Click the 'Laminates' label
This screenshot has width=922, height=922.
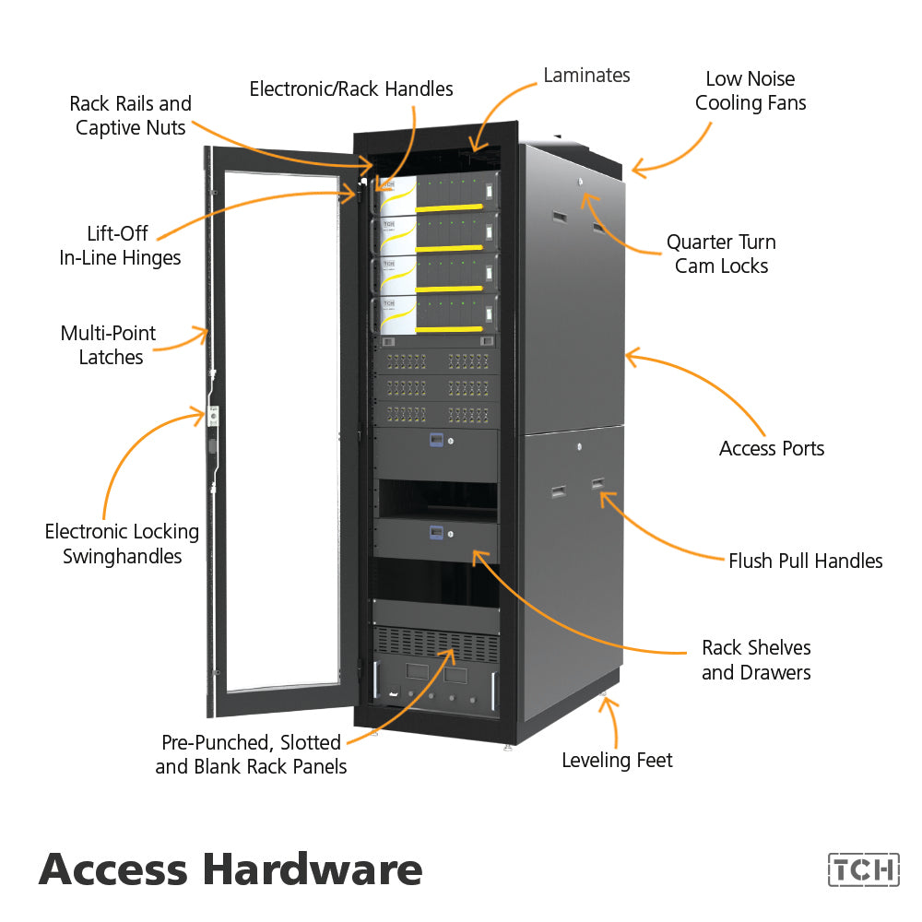[x=586, y=75]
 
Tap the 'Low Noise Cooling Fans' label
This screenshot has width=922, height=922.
[x=750, y=91]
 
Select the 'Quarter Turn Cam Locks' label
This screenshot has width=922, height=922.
[x=721, y=254]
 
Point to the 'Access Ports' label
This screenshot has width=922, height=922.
[x=771, y=449]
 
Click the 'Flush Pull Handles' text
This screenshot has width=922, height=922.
[x=805, y=561]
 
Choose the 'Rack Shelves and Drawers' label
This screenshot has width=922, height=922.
[x=756, y=660]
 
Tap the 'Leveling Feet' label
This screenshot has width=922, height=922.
[x=617, y=761]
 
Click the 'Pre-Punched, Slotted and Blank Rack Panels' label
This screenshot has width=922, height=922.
[x=251, y=754]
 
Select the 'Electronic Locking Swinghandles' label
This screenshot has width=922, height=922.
[x=122, y=544]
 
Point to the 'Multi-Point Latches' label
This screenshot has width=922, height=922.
[x=109, y=346]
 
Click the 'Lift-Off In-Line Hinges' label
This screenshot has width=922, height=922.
[x=120, y=246]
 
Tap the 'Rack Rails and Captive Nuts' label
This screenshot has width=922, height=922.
[x=130, y=115]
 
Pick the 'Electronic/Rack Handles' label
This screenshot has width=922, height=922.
[x=351, y=89]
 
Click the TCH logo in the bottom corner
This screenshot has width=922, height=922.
[x=863, y=869]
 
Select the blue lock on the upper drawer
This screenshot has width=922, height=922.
[x=436, y=441]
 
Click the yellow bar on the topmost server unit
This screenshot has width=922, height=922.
[x=450, y=207]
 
